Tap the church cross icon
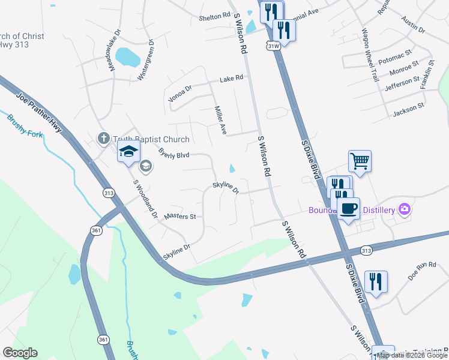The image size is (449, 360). tap(103, 139)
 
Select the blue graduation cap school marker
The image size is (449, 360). tap(128, 153)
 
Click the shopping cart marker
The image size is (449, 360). tap(360, 160)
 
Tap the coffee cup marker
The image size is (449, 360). tap(348, 208)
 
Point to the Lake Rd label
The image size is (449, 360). tap(231, 79)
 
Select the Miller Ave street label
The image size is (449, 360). tap(220, 120)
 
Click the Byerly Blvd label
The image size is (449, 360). tap(173, 155)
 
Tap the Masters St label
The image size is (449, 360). tap(180, 216)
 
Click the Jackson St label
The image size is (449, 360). tap(408, 109)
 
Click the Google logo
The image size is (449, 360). tap(20, 353)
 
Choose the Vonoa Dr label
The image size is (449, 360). tap(180, 94)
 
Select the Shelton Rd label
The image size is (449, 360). tap(215, 18)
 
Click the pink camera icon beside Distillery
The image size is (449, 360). tap(406, 209)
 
